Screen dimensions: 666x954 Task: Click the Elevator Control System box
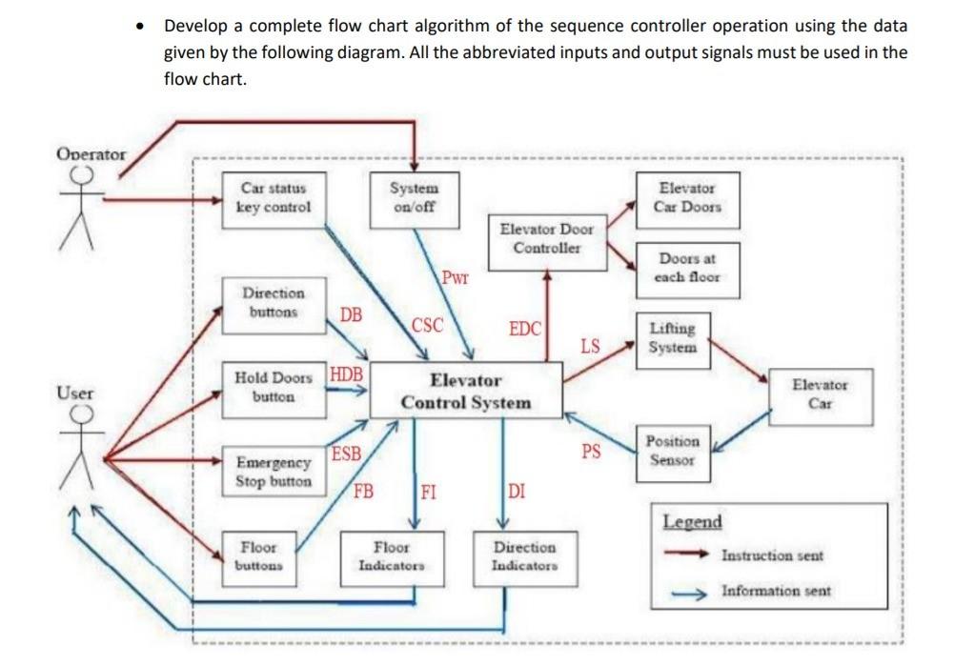pyautogui.click(x=465, y=391)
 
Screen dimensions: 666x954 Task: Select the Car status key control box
pyautogui.click(x=274, y=198)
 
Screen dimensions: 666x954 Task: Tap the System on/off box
pyautogui.click(x=415, y=197)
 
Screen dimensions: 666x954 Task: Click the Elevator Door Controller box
pyautogui.click(x=546, y=239)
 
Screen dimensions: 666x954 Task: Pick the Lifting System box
pyautogui.click(x=672, y=338)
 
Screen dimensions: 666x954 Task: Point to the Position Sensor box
pyautogui.click(x=672, y=451)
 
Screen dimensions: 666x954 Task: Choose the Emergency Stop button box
pyautogui.click(x=274, y=472)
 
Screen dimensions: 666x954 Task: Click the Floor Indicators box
pyautogui.click(x=391, y=556)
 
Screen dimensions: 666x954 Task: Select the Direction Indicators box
pyautogui.click(x=524, y=556)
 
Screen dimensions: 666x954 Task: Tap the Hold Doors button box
pyautogui.click(x=274, y=388)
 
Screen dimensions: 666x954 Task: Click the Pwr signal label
pyautogui.click(x=456, y=278)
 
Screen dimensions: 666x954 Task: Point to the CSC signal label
pyautogui.click(x=427, y=325)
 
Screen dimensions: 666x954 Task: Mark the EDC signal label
pyautogui.click(x=525, y=329)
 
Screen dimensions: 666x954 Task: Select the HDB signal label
pyautogui.click(x=347, y=373)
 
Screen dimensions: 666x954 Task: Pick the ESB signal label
pyautogui.click(x=346, y=454)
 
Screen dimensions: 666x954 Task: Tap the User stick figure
pyautogui.click(x=82, y=448)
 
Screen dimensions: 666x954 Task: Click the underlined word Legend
pyautogui.click(x=692, y=521)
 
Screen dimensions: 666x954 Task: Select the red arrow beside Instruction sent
pyautogui.click(x=687, y=555)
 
